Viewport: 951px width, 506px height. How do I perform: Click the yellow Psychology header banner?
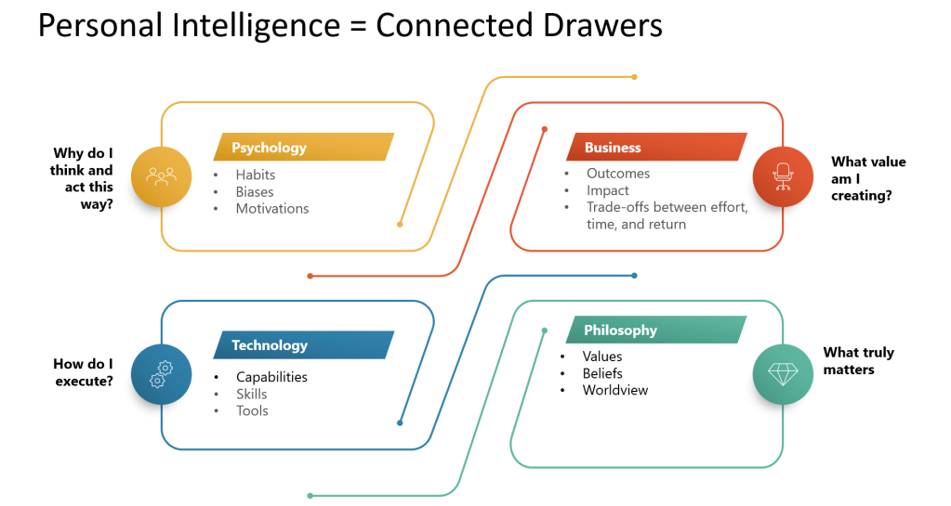[304, 147]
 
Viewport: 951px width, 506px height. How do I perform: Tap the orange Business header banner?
[655, 147]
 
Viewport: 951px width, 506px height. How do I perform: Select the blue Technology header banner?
[304, 345]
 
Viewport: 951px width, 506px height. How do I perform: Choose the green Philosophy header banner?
[655, 331]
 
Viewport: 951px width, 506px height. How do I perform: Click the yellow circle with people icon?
[161, 175]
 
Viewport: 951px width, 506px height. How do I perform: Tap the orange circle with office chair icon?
[783, 175]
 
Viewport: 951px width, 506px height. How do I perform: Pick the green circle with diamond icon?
[783, 374]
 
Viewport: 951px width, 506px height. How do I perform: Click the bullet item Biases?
[254, 191]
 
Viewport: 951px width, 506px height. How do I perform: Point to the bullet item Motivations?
[271, 208]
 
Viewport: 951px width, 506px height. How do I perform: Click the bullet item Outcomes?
[618, 174]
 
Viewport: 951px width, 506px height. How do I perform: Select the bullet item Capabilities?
[271, 377]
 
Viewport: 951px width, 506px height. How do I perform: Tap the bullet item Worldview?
[615, 390]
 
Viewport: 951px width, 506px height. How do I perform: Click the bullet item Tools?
[252, 410]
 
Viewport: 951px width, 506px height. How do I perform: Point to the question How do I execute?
[84, 371]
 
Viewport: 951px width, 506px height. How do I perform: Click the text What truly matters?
[858, 361]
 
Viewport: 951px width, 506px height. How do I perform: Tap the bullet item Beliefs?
[602, 373]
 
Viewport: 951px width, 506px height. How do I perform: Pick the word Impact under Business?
[608, 190]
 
